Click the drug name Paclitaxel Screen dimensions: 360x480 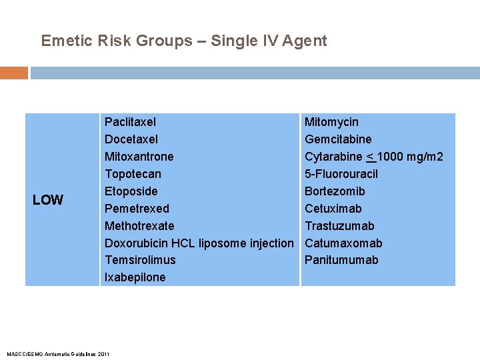(130, 122)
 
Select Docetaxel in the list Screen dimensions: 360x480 (131, 139)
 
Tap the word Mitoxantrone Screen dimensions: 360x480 (139, 157)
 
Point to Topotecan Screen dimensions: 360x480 (133, 174)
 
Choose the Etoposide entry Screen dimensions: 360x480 (131, 191)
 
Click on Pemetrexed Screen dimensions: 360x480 (137, 209)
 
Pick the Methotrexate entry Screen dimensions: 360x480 (139, 226)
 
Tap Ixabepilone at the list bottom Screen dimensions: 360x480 (135, 277)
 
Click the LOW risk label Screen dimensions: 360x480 (48, 200)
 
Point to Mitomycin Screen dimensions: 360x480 (331, 122)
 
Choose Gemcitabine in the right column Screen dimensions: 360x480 (338, 139)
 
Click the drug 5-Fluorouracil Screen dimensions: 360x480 (341, 174)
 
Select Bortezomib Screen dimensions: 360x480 (335, 191)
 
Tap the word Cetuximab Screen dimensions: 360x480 (333, 209)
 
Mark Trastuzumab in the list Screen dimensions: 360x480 (339, 226)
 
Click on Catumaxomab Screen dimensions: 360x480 (343, 243)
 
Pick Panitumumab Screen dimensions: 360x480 (341, 260)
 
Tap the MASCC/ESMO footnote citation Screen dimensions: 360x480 (57, 353)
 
